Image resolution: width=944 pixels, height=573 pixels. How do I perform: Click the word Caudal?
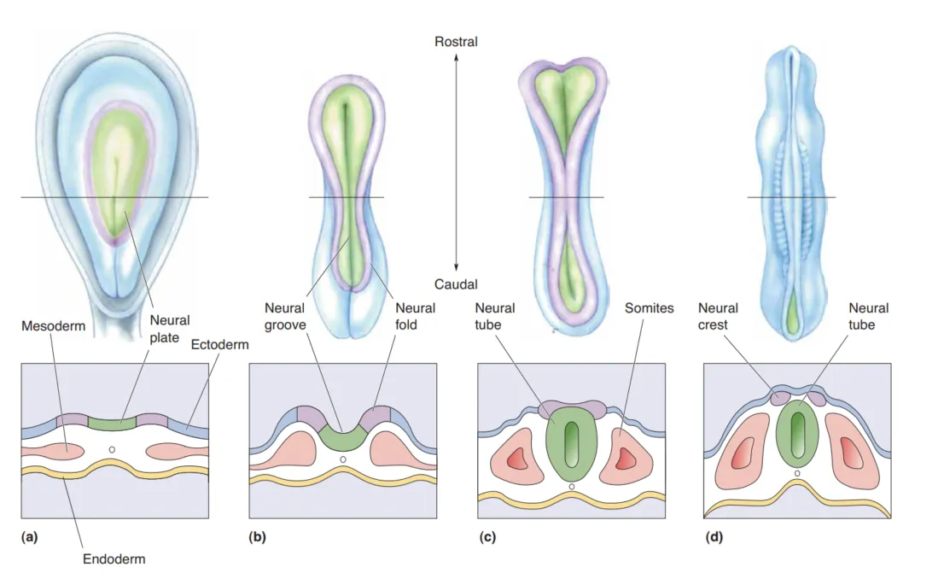[456, 284]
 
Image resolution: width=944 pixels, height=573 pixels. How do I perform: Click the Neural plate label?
[170, 330]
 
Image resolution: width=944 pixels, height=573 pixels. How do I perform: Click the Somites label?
[650, 308]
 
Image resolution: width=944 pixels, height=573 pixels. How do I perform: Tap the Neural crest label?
[718, 315]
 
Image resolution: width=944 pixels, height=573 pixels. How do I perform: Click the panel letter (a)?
[30, 537]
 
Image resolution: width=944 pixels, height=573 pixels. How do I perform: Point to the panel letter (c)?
[487, 537]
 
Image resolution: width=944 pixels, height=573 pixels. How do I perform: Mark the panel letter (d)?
[714, 537]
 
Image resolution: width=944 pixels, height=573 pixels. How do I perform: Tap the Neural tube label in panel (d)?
[869, 315]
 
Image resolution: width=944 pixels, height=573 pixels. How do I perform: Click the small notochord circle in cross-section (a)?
[112, 449]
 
